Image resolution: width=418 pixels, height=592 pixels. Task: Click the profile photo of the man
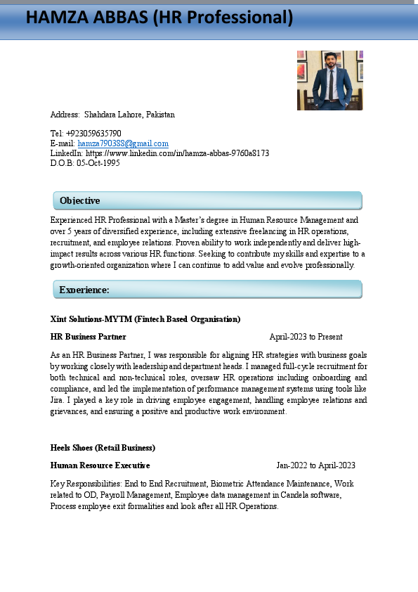coord(329,80)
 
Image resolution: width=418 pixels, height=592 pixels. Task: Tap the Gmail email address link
coord(123,143)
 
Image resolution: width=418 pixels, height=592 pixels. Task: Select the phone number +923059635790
coord(93,134)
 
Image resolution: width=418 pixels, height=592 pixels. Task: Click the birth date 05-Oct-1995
coord(98,163)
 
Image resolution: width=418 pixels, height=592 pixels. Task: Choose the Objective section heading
coord(79,201)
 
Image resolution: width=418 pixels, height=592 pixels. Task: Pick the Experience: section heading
coord(84,290)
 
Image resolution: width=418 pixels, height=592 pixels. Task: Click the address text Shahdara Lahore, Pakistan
coord(129,115)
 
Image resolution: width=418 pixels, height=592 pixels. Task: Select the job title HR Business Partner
coord(88,337)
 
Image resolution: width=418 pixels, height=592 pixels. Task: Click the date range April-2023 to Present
coord(306,337)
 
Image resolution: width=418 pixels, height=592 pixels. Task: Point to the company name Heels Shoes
coord(73,447)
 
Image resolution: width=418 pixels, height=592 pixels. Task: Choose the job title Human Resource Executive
coord(100,465)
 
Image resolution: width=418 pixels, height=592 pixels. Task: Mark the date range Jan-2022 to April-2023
coord(315,465)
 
